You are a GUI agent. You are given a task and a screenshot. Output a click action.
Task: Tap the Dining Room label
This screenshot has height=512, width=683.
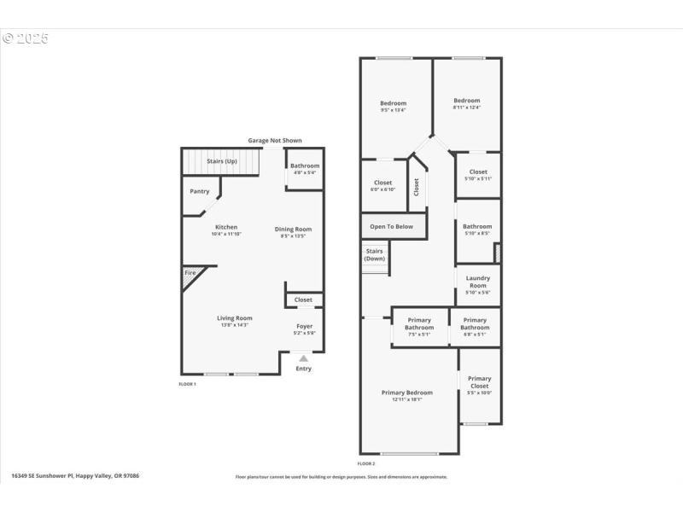pyautogui.click(x=293, y=229)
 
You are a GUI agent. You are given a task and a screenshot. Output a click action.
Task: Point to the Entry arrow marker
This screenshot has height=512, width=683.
pyautogui.click(x=303, y=358)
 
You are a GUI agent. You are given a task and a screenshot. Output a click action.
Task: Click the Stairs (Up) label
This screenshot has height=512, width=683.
pyautogui.click(x=222, y=160)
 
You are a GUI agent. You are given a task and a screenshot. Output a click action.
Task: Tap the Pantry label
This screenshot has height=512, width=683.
pyautogui.click(x=199, y=191)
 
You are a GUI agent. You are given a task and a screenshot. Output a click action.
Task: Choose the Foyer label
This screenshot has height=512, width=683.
pyautogui.click(x=305, y=326)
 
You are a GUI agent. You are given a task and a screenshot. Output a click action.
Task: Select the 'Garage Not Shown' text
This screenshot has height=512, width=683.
pyautogui.click(x=275, y=141)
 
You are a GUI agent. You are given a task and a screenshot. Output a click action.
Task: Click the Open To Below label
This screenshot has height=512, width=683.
pyautogui.click(x=391, y=226)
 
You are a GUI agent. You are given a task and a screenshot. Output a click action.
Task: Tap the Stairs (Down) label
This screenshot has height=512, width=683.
pyautogui.click(x=375, y=254)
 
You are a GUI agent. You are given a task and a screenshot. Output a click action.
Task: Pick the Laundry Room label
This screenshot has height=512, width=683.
pyautogui.click(x=478, y=282)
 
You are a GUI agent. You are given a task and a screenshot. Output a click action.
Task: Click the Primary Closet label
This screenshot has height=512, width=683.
pyautogui.click(x=479, y=382)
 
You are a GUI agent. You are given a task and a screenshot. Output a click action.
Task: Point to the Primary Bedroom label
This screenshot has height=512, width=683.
pyautogui.click(x=406, y=393)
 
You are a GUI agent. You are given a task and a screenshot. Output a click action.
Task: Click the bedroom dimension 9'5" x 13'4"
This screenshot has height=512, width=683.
pyautogui.click(x=393, y=110)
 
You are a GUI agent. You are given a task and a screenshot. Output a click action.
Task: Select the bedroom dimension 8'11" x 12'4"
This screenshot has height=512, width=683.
pyautogui.click(x=466, y=107)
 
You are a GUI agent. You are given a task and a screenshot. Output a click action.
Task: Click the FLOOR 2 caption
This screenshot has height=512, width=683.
pyautogui.click(x=366, y=463)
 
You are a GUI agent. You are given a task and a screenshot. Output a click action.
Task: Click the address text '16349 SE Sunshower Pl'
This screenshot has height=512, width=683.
pyautogui.click(x=44, y=476)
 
